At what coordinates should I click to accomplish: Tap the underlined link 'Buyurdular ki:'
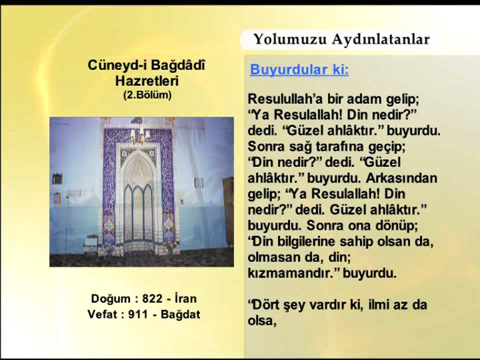[x=299, y=69]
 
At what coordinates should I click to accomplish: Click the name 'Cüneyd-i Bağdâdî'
[x=147, y=65]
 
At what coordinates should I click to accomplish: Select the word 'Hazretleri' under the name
[x=147, y=80]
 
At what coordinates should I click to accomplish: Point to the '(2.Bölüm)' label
[x=147, y=94]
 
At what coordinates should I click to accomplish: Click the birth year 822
[x=152, y=299]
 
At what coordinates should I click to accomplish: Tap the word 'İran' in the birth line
[x=186, y=299]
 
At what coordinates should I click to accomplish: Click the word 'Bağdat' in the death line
[x=181, y=314]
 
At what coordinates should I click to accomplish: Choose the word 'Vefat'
[x=106, y=314]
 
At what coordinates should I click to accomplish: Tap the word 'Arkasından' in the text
[x=401, y=178]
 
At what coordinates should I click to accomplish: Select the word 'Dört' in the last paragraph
[x=265, y=304]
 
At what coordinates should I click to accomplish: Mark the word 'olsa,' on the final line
[x=262, y=320]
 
